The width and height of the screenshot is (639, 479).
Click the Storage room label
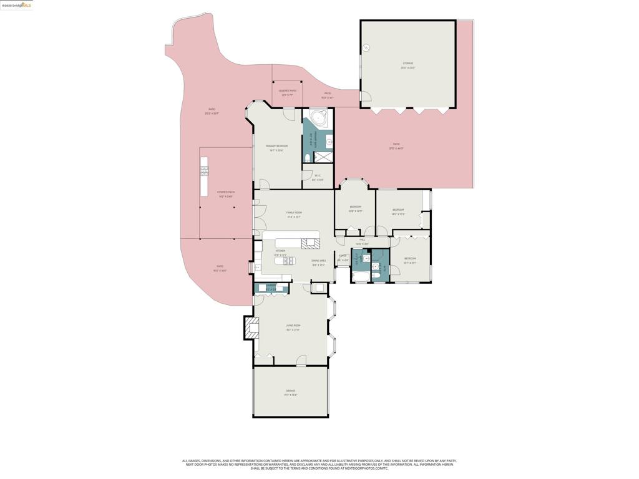[407, 65]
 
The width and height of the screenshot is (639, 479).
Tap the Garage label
[291, 392]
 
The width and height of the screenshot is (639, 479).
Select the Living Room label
[293, 327]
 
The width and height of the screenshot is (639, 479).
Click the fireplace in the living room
[253, 327]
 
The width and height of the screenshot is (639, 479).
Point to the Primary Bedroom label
[276, 148]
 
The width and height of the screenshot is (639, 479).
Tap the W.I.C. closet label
[318, 177]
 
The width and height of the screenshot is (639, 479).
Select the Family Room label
[294, 215]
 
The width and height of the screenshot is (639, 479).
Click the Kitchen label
[280, 253]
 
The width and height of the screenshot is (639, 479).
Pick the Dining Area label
[319, 263]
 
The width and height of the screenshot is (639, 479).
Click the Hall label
[362, 241]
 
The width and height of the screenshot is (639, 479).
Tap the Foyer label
[343, 257]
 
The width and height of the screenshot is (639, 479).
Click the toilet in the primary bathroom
[308, 158]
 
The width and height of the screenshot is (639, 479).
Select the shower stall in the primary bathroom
[323, 157]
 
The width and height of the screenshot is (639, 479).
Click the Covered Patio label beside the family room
[226, 194]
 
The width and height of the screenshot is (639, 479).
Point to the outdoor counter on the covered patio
[203, 176]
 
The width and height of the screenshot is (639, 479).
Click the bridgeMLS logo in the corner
[17, 5]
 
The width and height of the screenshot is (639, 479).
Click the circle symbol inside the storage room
[368, 47]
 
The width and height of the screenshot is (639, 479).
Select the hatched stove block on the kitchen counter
[310, 243]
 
